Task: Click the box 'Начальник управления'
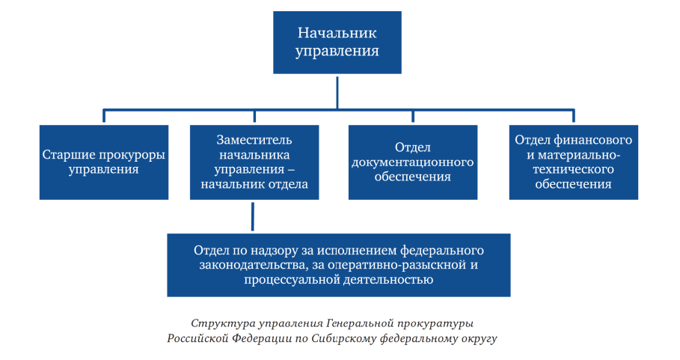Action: coord(337,43)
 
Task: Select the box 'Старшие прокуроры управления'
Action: coord(104,162)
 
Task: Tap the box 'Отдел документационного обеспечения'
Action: coord(413,162)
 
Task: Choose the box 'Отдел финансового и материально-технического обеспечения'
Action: coord(573,162)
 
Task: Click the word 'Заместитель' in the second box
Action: coord(254,140)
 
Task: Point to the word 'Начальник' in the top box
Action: coord(337,33)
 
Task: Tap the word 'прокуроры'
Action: coord(134,155)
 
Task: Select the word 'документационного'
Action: coord(412,162)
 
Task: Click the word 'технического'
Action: coord(573,169)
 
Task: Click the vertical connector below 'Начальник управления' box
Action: coord(337,93)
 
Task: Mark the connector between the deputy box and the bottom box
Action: coord(253,216)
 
